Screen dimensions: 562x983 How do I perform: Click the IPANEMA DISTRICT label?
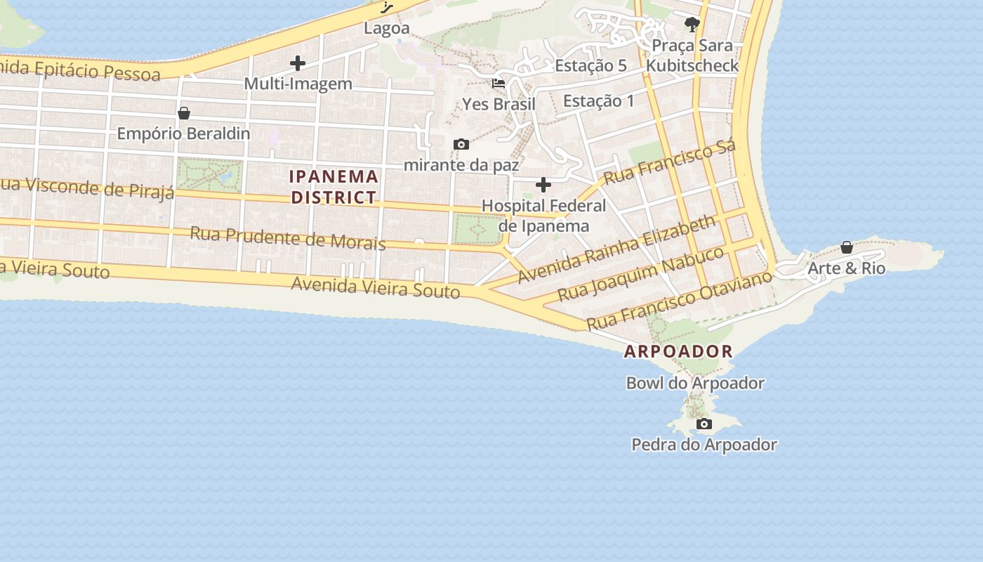[x=334, y=187]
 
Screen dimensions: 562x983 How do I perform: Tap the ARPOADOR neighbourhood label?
[x=678, y=351]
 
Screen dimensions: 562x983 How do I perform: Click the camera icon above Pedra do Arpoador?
[x=704, y=424]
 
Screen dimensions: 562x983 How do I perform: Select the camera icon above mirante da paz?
[x=461, y=145]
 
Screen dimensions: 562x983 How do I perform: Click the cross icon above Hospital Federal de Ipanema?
[x=543, y=185]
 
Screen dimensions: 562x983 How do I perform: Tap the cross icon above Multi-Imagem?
[x=298, y=63]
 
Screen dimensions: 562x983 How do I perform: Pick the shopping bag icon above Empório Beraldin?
[x=184, y=113]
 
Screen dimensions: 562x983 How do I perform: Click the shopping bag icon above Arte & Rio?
[x=847, y=247]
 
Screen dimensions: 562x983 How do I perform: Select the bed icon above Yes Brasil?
[x=499, y=83]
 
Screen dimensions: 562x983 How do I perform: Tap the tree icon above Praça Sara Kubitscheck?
[x=692, y=25]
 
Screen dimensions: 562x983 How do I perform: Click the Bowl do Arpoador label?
[x=695, y=384]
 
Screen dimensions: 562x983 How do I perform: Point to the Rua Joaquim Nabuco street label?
[x=640, y=273]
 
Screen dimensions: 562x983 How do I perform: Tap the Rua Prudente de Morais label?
[x=288, y=237]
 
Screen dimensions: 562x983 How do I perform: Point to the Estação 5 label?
[x=591, y=66]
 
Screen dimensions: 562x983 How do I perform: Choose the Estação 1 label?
[x=598, y=101]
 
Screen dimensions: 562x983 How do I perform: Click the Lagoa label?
[x=386, y=29]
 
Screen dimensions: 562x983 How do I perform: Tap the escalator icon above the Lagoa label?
[x=387, y=8]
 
